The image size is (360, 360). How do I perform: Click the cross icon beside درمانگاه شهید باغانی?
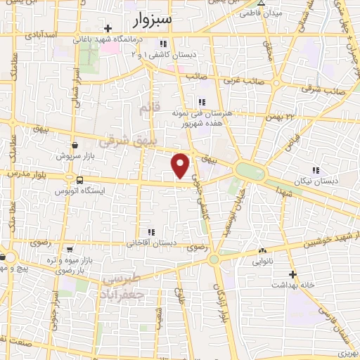point(107,29)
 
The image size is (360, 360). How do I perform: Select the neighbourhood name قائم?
point(146,110)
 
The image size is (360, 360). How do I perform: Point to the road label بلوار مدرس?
point(25,173)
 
